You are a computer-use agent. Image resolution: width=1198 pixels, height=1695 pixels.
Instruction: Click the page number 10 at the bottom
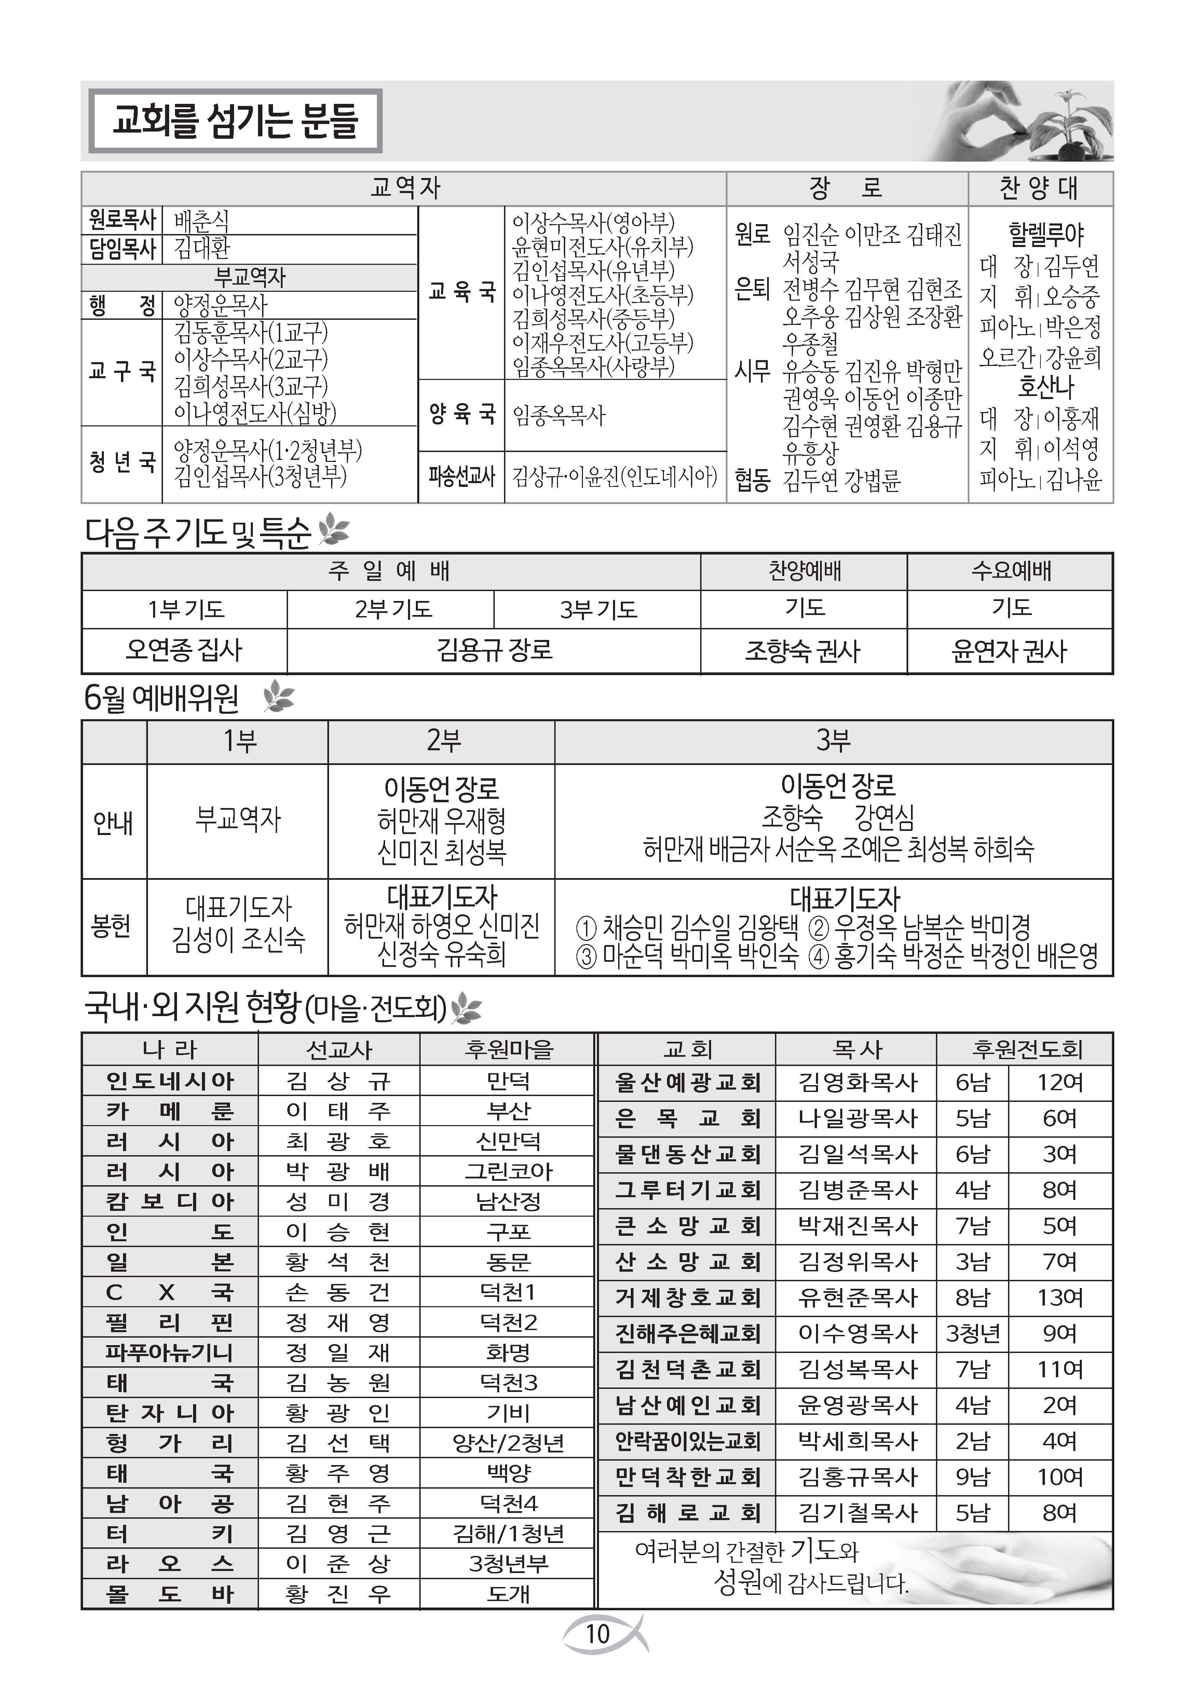[x=598, y=1634]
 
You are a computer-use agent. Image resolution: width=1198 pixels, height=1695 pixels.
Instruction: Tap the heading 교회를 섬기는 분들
[x=235, y=121]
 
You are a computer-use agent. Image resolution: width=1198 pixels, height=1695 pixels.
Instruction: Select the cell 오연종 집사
[x=185, y=651]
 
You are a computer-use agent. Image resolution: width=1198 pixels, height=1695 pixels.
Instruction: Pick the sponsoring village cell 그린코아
[x=508, y=1172]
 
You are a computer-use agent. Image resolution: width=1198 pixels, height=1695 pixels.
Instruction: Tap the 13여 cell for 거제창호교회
[x=1060, y=1298]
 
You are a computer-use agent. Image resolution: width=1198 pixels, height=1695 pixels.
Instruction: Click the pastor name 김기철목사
[x=857, y=1513]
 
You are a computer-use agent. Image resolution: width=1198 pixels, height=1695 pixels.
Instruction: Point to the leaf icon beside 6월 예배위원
[x=278, y=697]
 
